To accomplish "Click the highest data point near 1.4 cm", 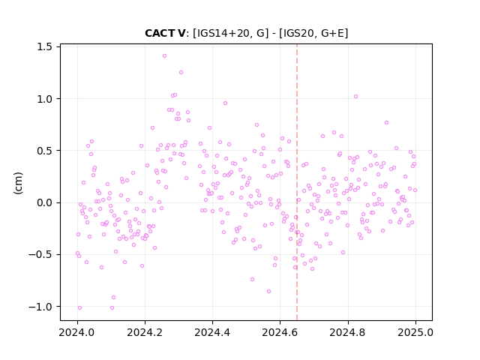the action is pos(164,56).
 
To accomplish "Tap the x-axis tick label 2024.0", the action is pos(77,332).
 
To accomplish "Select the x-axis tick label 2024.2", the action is pos(145,332).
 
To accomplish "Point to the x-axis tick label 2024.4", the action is pos(212,332).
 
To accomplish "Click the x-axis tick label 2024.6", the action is pos(280,332).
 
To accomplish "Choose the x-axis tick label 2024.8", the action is pos(348,332).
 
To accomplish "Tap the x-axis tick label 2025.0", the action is pos(415,332).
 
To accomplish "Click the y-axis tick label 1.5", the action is pos(44,46).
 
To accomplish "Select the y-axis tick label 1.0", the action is pos(44,99).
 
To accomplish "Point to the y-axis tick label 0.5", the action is pos(44,151).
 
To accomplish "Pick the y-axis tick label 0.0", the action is pos(44,202).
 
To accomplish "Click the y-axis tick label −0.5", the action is pos(40,254).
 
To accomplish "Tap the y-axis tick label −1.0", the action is pos(40,307).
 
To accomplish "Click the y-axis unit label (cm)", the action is pos(18,183).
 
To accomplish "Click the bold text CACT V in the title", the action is pos(165,33).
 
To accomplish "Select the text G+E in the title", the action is pos(332,33).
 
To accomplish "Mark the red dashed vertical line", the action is pos(297,182).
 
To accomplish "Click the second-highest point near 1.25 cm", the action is pos(181,73).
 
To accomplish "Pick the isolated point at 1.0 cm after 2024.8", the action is pos(355,97).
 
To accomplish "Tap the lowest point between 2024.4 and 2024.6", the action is pos(268,292).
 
